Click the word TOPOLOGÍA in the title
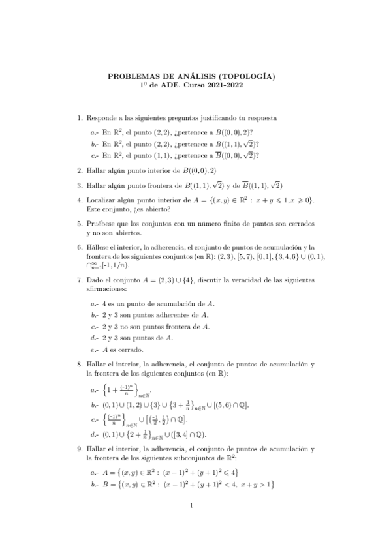(x=247, y=76)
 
